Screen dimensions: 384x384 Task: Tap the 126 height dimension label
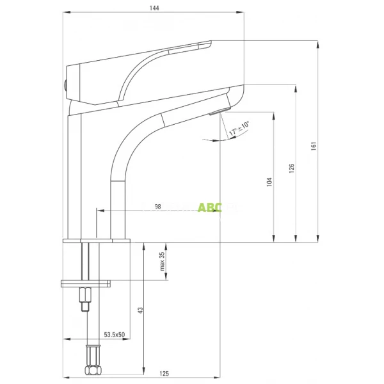(x=291, y=168)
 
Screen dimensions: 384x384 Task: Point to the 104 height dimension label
(x=269, y=182)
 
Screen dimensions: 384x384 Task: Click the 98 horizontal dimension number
(x=157, y=207)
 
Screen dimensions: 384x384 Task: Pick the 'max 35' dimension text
(x=163, y=260)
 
